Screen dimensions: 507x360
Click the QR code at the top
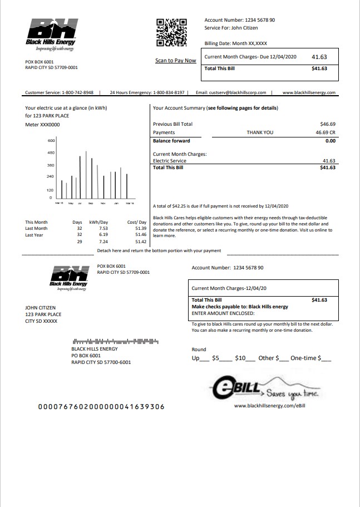171,32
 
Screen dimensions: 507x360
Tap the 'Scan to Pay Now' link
175,61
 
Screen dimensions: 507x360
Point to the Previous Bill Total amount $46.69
328,124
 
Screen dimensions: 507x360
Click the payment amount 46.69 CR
326,132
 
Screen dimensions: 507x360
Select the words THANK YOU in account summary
260,132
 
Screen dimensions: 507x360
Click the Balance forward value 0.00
330,141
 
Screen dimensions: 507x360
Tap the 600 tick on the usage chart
50,141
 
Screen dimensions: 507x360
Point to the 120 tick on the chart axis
50,190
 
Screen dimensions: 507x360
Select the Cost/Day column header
136,222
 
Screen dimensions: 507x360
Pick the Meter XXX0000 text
42,125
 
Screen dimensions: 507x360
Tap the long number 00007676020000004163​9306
101,407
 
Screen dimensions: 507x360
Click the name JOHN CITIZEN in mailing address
41,308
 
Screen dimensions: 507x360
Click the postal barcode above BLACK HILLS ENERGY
115,341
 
